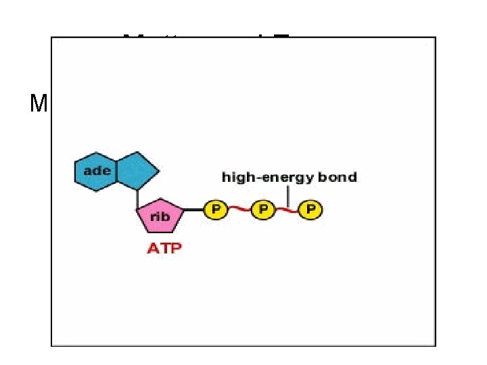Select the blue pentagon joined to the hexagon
(137, 170)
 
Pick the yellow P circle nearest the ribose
(215, 210)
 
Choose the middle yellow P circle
(262, 210)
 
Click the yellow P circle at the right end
(310, 210)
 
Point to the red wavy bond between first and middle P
(239, 210)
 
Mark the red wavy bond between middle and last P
(286, 210)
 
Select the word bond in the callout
(340, 178)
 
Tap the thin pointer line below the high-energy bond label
(289, 196)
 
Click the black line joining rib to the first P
(194, 210)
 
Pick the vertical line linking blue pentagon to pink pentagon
(137, 198)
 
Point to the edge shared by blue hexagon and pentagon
(117, 171)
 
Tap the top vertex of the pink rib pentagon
(160, 200)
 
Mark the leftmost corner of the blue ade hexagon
(74, 171)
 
